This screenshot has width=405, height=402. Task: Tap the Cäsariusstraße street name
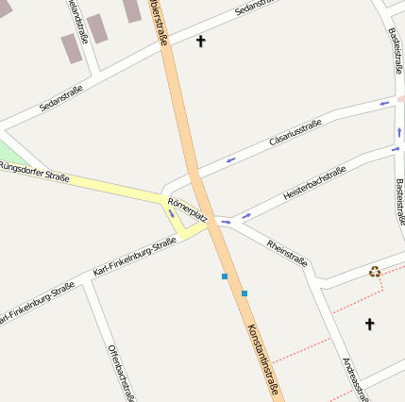[x=295, y=132]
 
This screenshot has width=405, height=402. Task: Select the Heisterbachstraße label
[x=314, y=182]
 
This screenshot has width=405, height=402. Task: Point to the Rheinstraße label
[x=286, y=249]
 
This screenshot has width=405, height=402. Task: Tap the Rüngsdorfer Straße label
[x=34, y=171]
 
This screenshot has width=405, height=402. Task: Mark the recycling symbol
[x=375, y=272]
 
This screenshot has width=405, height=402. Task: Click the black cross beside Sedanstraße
[x=200, y=42]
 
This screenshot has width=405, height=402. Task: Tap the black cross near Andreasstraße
[x=369, y=325]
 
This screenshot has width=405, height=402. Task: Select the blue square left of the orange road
[x=225, y=276]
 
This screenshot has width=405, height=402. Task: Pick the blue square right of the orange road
[x=245, y=293]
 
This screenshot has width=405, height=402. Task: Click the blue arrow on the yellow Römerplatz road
[x=171, y=212]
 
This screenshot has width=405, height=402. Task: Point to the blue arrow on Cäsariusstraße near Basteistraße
[x=384, y=105]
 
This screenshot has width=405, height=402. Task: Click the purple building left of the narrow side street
[x=72, y=48]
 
